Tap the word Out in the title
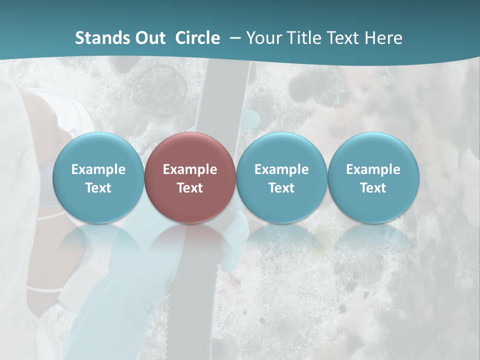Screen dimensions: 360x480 (150, 38)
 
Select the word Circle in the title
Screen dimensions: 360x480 (197, 38)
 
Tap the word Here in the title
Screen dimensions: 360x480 (383, 38)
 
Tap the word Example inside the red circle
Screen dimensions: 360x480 (190, 169)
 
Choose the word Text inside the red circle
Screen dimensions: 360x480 (190, 188)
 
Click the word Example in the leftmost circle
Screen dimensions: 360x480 (98, 169)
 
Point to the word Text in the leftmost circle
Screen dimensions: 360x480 (98, 188)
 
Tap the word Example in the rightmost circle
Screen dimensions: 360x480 (373, 169)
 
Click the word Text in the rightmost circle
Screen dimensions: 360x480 (373, 188)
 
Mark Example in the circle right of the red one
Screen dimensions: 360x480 (281, 169)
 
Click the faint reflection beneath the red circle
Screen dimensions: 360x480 (190, 240)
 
